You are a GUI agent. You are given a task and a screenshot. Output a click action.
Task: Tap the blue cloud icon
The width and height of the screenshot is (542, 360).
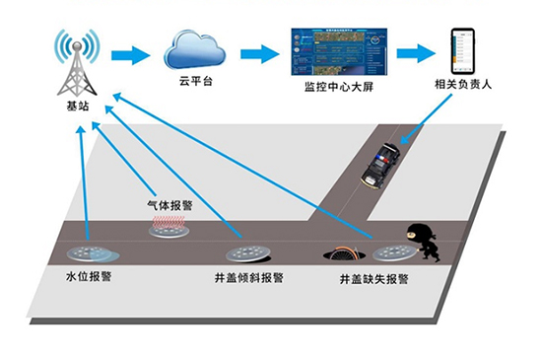click(x=194, y=49)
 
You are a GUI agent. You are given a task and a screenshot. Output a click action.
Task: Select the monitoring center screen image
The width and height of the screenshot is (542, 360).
click(x=339, y=52)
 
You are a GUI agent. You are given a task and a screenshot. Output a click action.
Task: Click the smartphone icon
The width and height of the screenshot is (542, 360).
click(x=462, y=51)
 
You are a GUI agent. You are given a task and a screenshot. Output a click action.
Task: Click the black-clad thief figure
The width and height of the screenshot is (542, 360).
click(x=424, y=243)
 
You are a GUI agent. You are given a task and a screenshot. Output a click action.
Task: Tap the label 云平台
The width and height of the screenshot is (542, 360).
click(x=195, y=81)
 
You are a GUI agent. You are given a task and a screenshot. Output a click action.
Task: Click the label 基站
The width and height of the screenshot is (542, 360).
click(x=78, y=106)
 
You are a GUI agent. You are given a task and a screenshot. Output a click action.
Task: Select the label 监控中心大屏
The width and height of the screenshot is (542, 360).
click(x=339, y=87)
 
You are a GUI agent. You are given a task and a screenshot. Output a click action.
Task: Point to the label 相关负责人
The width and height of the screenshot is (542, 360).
click(x=463, y=85)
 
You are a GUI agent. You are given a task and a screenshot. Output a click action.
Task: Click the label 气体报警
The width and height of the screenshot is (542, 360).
click(x=169, y=205)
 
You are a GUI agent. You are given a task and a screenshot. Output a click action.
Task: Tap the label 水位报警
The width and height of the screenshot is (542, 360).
click(x=89, y=276)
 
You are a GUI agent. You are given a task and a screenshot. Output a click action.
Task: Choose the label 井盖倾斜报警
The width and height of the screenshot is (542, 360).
click(x=249, y=278)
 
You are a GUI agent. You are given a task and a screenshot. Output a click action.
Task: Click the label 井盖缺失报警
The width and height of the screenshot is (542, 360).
click(x=374, y=279)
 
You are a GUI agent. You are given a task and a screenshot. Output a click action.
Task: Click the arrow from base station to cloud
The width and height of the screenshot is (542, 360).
click(x=131, y=55)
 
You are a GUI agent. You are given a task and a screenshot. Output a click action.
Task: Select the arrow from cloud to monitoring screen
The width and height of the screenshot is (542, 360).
click(x=260, y=54)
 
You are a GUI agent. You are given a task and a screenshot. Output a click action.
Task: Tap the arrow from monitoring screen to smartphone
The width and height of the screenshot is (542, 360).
click(x=416, y=53)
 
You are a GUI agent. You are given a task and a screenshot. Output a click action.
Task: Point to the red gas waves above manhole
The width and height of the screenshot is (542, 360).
click(x=169, y=222)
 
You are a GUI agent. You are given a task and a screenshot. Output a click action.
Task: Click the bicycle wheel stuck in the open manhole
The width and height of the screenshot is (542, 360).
click(x=344, y=252)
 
